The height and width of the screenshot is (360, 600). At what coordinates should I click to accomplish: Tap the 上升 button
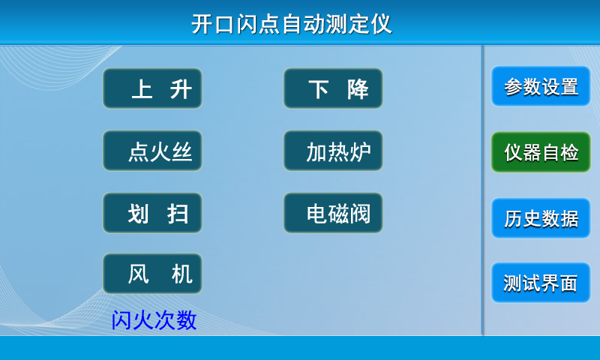click(x=152, y=88)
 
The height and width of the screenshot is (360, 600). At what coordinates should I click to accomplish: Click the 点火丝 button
click(x=152, y=151)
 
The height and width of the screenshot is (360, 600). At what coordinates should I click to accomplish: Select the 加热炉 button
click(x=333, y=151)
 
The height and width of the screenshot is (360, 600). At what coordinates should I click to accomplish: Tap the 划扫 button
click(x=152, y=213)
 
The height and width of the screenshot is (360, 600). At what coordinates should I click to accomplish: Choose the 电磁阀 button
click(x=333, y=213)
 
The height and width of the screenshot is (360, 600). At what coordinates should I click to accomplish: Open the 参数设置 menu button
click(x=541, y=86)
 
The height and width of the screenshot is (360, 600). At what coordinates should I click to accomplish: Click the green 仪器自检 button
click(x=541, y=152)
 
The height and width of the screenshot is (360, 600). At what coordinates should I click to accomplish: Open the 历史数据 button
click(x=541, y=218)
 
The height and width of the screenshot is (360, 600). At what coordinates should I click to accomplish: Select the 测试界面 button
click(x=541, y=283)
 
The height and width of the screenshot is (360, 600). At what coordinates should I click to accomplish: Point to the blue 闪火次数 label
click(x=154, y=319)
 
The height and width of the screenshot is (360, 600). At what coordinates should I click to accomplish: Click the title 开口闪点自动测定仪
click(x=292, y=24)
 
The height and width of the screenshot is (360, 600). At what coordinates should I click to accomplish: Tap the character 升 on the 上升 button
click(x=181, y=89)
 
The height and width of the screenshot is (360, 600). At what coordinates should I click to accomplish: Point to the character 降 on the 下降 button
click(x=358, y=89)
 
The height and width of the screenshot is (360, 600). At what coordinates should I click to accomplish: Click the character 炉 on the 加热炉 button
click(x=361, y=152)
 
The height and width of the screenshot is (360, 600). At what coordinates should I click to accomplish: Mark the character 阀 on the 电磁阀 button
click(x=361, y=214)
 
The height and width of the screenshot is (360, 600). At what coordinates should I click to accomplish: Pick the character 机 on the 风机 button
click(x=181, y=274)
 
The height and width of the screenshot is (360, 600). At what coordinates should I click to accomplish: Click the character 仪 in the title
click(x=381, y=24)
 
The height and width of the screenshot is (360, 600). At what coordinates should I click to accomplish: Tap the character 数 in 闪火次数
click(x=186, y=319)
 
